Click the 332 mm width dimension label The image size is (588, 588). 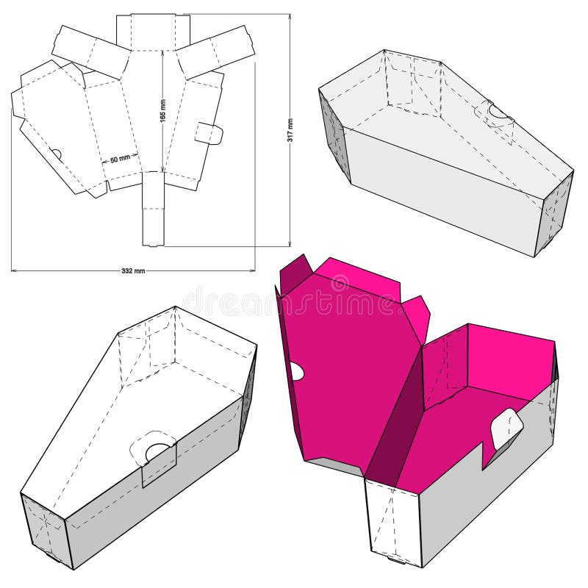point(133,270)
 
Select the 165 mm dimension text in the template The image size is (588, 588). point(162,110)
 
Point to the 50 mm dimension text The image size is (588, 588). point(120,158)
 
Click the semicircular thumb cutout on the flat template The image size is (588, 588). point(56,154)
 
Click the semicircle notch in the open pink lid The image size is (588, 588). point(296,371)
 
